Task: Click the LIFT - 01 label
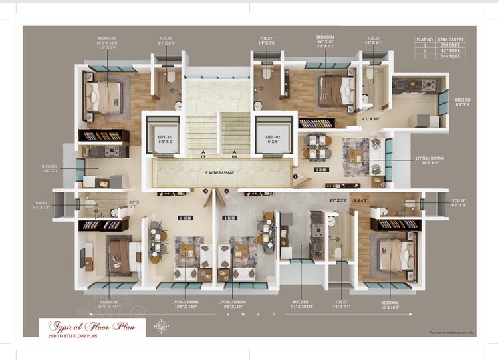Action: point(166,138)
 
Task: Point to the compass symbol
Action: point(161,327)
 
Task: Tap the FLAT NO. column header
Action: point(426,39)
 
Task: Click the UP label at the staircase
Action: point(203,158)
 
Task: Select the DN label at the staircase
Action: point(234,158)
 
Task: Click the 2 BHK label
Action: point(185,218)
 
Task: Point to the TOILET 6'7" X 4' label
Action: point(458,202)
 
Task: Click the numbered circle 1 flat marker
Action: point(295,177)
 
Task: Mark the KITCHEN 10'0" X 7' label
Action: point(49,168)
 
